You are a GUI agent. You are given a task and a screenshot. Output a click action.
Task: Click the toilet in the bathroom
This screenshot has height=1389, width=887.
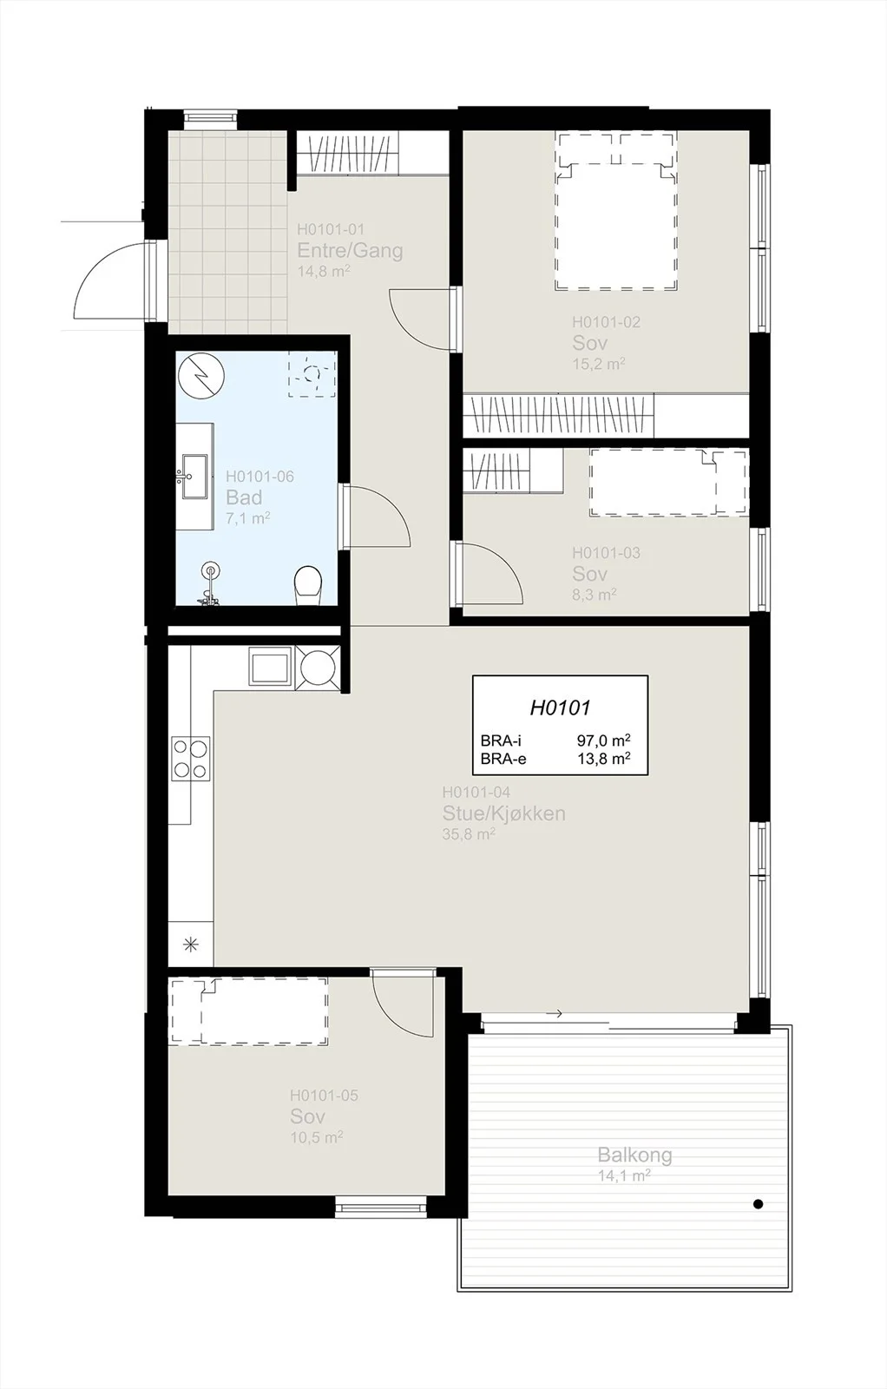307,585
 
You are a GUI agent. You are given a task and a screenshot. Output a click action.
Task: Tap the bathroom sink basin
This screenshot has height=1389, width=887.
196,477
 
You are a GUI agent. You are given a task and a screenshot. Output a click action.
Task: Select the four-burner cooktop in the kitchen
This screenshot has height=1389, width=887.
190,759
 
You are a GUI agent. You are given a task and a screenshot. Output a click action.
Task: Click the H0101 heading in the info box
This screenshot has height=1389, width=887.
560,708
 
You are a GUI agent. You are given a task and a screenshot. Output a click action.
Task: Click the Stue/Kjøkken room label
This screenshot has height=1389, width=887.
504,813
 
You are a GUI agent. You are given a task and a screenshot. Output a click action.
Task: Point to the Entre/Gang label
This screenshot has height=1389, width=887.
351,251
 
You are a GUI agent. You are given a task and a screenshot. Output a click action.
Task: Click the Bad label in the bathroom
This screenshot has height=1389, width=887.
244,497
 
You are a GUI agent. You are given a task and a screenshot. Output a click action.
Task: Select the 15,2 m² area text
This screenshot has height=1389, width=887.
598,364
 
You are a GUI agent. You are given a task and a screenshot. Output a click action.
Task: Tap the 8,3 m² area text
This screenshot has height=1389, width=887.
594,595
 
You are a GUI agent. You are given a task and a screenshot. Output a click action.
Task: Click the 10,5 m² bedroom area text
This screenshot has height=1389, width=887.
316,1137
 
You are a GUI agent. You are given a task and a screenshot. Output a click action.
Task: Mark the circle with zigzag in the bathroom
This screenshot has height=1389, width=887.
200,376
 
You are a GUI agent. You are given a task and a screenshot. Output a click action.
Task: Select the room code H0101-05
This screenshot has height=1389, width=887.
324,1096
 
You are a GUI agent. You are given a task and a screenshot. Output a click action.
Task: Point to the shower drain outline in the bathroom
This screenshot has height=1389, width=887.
312,374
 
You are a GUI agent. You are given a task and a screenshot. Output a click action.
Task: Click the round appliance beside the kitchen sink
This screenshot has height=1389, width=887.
318,668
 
